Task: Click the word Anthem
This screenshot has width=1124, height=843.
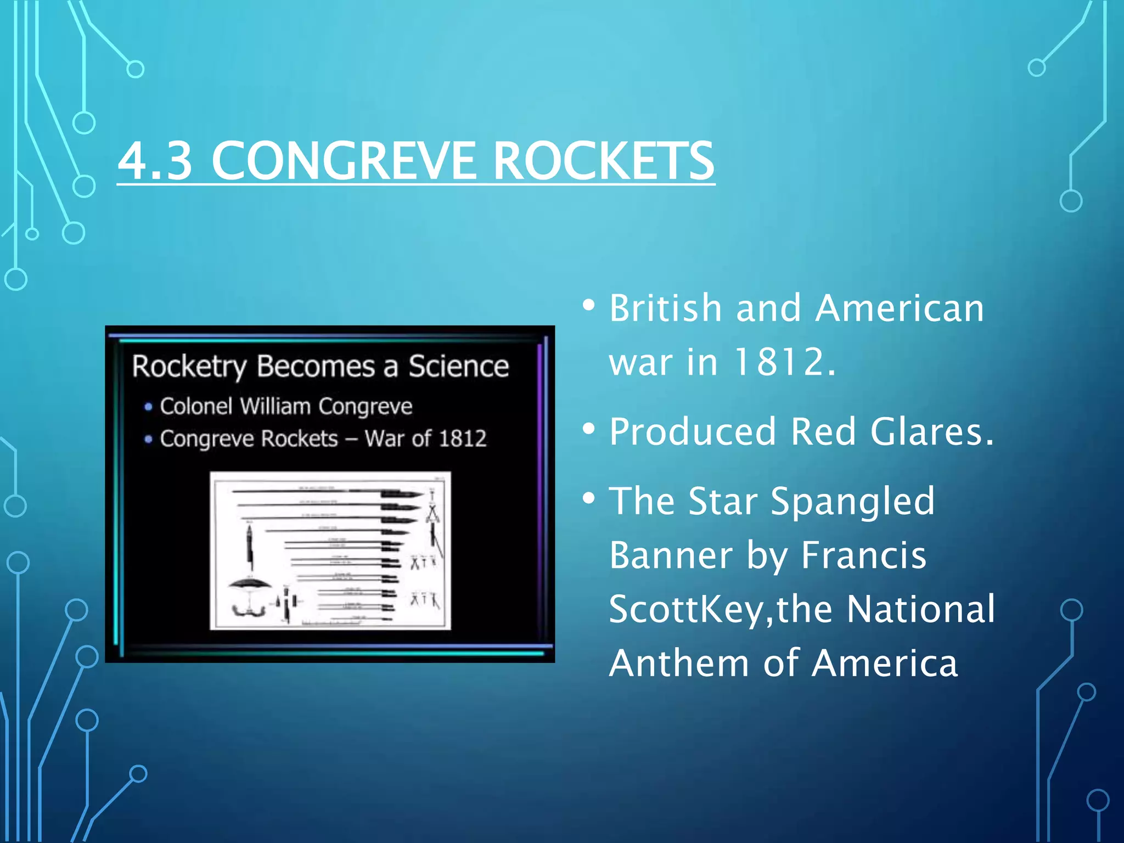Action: tap(679, 664)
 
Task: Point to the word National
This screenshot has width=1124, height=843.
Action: tap(920, 609)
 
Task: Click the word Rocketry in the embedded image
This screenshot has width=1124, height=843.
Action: tap(189, 367)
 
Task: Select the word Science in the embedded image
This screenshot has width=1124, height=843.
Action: tap(458, 366)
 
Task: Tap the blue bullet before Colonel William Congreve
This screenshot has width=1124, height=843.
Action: tap(148, 407)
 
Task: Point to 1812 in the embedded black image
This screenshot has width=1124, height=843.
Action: tap(463, 439)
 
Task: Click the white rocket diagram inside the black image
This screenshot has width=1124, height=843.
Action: tap(330, 550)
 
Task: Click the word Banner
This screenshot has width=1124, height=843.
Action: tap(671, 555)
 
